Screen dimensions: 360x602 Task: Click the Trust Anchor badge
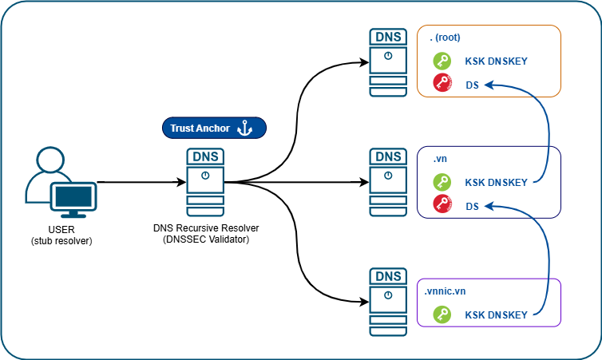click(213, 128)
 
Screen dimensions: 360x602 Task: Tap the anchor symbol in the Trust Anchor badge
click(246, 128)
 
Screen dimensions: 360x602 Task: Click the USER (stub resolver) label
click(61, 235)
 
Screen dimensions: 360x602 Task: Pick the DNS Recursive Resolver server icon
click(205, 182)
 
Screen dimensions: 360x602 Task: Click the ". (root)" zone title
click(445, 38)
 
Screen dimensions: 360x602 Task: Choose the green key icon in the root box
click(442, 61)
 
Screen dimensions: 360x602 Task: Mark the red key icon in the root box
click(442, 82)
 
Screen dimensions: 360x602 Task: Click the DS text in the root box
click(472, 83)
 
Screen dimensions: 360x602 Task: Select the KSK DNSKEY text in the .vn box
click(496, 183)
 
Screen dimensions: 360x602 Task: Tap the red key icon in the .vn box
click(442, 204)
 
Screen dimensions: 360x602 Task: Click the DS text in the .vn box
click(472, 206)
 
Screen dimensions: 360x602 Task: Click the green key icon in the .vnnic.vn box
click(442, 315)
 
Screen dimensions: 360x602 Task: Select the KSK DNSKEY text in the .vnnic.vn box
click(496, 315)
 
